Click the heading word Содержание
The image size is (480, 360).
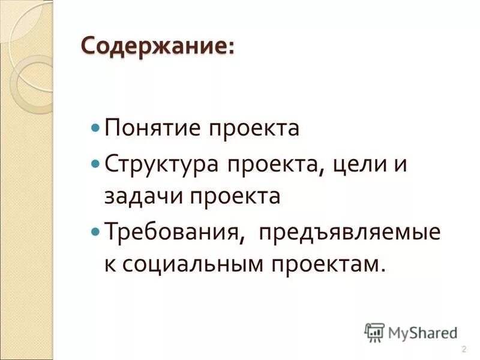(x=155, y=46)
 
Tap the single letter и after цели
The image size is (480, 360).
(x=400, y=164)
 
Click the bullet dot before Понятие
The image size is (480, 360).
(x=95, y=128)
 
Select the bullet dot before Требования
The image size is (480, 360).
(x=95, y=231)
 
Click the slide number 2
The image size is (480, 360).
(x=464, y=349)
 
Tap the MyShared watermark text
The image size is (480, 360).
(x=421, y=332)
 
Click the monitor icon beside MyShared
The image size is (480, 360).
(x=375, y=332)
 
